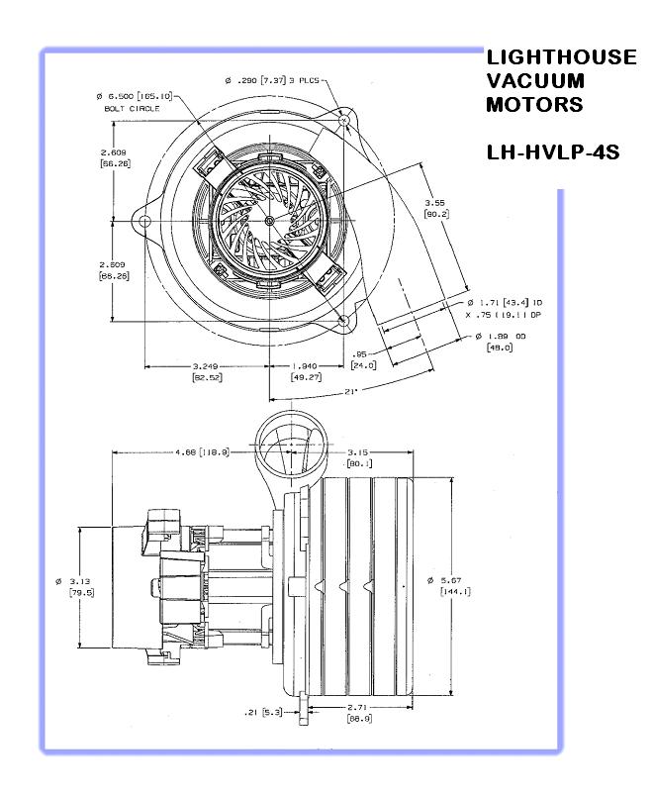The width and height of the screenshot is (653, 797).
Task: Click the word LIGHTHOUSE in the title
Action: (561, 58)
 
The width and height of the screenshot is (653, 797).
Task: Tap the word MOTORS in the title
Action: (534, 104)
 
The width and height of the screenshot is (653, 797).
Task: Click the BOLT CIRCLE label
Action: (125, 107)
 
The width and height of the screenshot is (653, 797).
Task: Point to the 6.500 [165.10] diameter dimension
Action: (135, 95)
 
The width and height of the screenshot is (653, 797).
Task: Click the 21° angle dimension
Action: (350, 390)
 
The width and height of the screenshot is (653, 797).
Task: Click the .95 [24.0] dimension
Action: (361, 358)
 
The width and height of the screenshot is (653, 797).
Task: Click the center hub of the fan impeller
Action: (270, 219)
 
